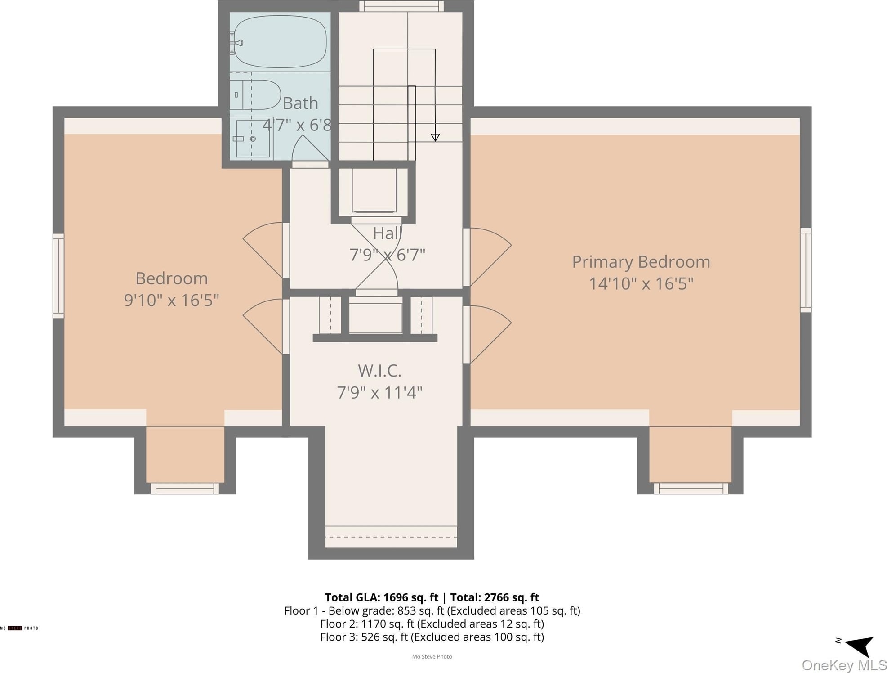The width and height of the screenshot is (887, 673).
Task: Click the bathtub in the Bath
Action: [x=280, y=42]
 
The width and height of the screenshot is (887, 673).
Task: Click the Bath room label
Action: [x=300, y=103]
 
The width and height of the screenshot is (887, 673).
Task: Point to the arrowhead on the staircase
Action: [x=435, y=138]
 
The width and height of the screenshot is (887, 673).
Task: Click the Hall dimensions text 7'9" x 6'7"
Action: [x=387, y=255]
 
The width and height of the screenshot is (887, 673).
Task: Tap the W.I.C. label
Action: [x=379, y=371]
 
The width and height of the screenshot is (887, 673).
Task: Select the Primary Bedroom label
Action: [x=641, y=262]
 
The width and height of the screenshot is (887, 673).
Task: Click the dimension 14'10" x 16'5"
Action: [x=641, y=284]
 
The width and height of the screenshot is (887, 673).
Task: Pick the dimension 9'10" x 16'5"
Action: [x=172, y=300]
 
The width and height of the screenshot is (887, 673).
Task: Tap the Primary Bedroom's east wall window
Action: [x=806, y=270]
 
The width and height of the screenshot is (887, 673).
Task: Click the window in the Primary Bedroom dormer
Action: [x=691, y=488]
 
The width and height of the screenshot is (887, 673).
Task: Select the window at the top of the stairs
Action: [x=401, y=6]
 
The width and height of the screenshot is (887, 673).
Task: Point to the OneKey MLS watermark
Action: [x=844, y=665]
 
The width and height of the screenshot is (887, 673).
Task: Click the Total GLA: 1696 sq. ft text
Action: [x=381, y=597]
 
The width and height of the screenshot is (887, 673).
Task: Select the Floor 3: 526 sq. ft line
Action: [x=432, y=637]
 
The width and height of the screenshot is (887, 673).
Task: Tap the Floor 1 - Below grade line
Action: [x=432, y=611]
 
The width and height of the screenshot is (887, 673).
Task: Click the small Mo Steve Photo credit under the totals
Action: [x=432, y=657]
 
